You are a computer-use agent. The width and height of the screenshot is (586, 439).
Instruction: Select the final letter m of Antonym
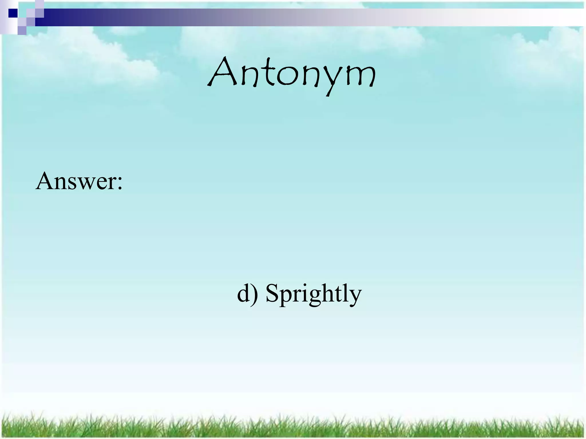tap(359, 76)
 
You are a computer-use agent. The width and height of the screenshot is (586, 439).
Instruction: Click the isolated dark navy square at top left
tap(13, 13)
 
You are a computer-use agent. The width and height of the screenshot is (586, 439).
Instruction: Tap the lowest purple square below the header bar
tap(22, 30)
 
